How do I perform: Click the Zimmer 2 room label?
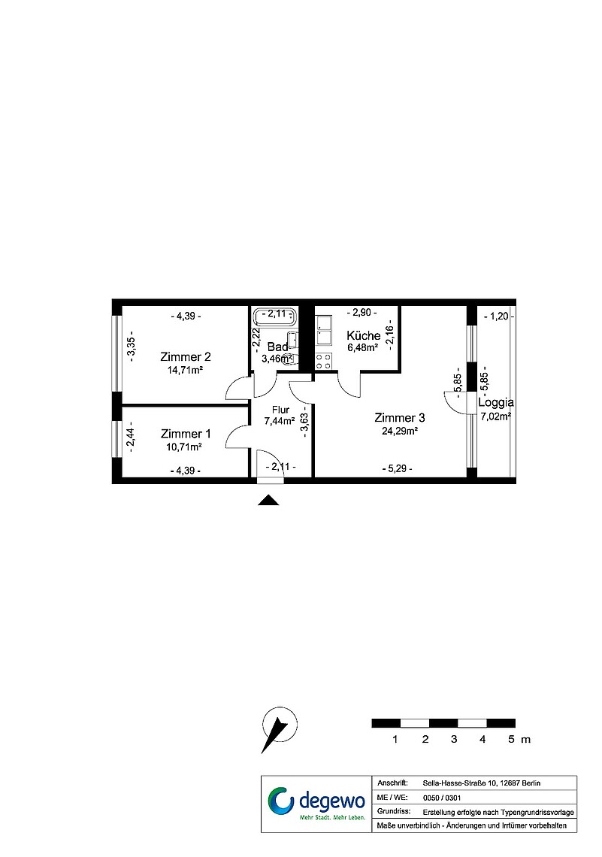click(x=185, y=357)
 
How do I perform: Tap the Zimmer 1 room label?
click(x=186, y=434)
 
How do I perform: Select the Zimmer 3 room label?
click(x=399, y=418)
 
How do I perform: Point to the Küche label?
click(x=363, y=335)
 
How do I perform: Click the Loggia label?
click(x=495, y=403)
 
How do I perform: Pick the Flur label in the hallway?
click(x=280, y=410)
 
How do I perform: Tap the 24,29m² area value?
click(x=400, y=431)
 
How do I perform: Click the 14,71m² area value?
click(x=185, y=370)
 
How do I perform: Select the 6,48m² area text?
click(x=363, y=347)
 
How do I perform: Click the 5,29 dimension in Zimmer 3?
click(x=397, y=468)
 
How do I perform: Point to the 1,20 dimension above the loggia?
click(x=499, y=316)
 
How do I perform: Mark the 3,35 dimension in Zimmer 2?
click(x=131, y=347)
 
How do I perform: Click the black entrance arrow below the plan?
click(x=268, y=500)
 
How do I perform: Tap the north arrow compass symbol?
click(x=280, y=729)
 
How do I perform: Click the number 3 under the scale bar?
click(x=454, y=740)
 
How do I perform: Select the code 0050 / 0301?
click(x=441, y=798)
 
